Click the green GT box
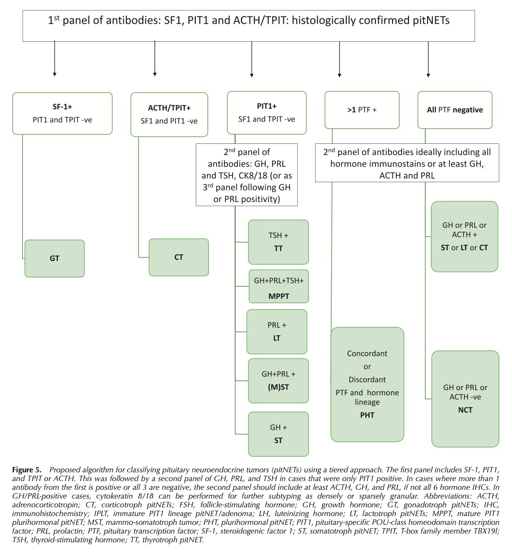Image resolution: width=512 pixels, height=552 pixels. pyautogui.click(x=54, y=259)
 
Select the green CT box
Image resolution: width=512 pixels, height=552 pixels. pyautogui.click(x=179, y=258)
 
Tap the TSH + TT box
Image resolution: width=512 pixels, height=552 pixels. pyautogui.click(x=278, y=242)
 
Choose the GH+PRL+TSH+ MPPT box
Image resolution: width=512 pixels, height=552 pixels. pyautogui.click(x=279, y=287)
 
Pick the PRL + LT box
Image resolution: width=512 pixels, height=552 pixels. pyautogui.click(x=277, y=331)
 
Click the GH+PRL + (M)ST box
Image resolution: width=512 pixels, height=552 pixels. pyautogui.click(x=278, y=380)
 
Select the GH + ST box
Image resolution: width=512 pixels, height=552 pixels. pyautogui.click(x=278, y=434)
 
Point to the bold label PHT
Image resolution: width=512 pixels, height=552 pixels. pyautogui.click(x=367, y=415)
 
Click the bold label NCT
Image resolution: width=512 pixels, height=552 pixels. pyautogui.click(x=465, y=410)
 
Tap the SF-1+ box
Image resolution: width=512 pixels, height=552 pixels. pyautogui.click(x=62, y=113)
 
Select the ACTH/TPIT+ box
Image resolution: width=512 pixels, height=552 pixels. pyautogui.click(x=169, y=114)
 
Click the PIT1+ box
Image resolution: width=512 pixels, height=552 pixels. pyautogui.click(x=267, y=113)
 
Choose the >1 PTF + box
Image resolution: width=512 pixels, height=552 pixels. pyautogui.click(x=362, y=110)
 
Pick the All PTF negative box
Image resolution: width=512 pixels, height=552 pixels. pyautogui.click(x=455, y=110)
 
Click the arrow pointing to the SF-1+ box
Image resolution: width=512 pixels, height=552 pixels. pyautogui.click(x=54, y=59)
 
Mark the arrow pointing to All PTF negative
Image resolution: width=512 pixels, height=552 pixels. pyautogui.click(x=428, y=59)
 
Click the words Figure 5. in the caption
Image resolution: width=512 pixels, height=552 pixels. pyautogui.click(x=27, y=470)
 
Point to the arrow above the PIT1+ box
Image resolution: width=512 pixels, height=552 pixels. pyautogui.click(x=252, y=59)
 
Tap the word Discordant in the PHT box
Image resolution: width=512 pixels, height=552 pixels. pyautogui.click(x=367, y=379)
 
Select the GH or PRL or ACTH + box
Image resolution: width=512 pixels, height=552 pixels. pyautogui.click(x=464, y=237)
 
